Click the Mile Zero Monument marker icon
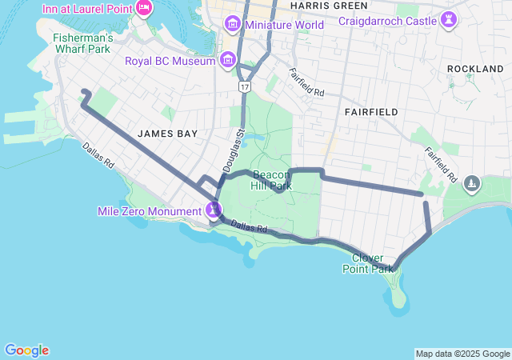click(x=214, y=210)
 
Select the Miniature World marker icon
click(x=234, y=24)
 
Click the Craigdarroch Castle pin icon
click(x=447, y=19)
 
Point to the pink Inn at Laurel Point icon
click(x=144, y=9)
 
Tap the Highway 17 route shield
click(x=243, y=85)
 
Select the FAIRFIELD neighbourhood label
click(x=371, y=112)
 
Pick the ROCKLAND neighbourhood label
click(x=475, y=69)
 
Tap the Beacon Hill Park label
click(x=272, y=180)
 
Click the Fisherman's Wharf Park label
click(x=83, y=44)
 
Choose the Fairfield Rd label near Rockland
click(x=441, y=164)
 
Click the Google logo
click(x=26, y=350)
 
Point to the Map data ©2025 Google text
click(x=462, y=354)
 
